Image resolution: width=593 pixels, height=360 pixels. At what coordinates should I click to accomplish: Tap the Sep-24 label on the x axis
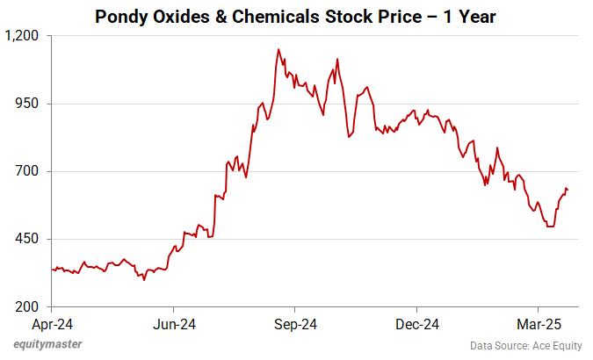(x=295, y=323)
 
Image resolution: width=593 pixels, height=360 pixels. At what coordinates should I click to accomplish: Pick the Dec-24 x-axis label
(x=416, y=323)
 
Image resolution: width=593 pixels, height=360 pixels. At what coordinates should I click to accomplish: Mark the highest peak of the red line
(x=278, y=49)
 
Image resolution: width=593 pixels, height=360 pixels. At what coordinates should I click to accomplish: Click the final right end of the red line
(x=568, y=191)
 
